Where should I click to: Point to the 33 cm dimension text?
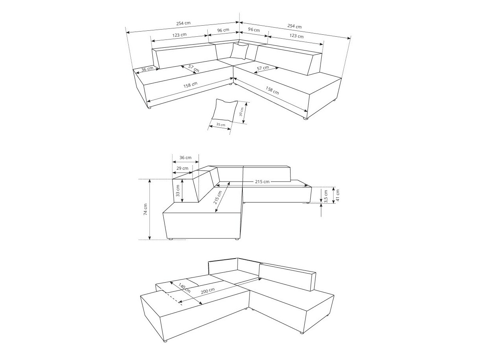coord(178,191)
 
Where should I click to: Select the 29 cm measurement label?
coord(182,168)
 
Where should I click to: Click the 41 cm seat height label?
coord(337,195)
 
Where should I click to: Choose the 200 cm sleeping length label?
coord(208,291)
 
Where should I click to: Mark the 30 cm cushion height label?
coord(241,112)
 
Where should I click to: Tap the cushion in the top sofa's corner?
coord(239,51)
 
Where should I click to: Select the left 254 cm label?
coord(183,23)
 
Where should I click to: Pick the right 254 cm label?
coord(294,26)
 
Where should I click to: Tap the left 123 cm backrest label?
coord(179,35)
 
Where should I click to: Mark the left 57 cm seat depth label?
coord(193,68)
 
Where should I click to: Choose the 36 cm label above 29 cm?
coord(185,157)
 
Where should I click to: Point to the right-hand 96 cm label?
coord(254,30)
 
